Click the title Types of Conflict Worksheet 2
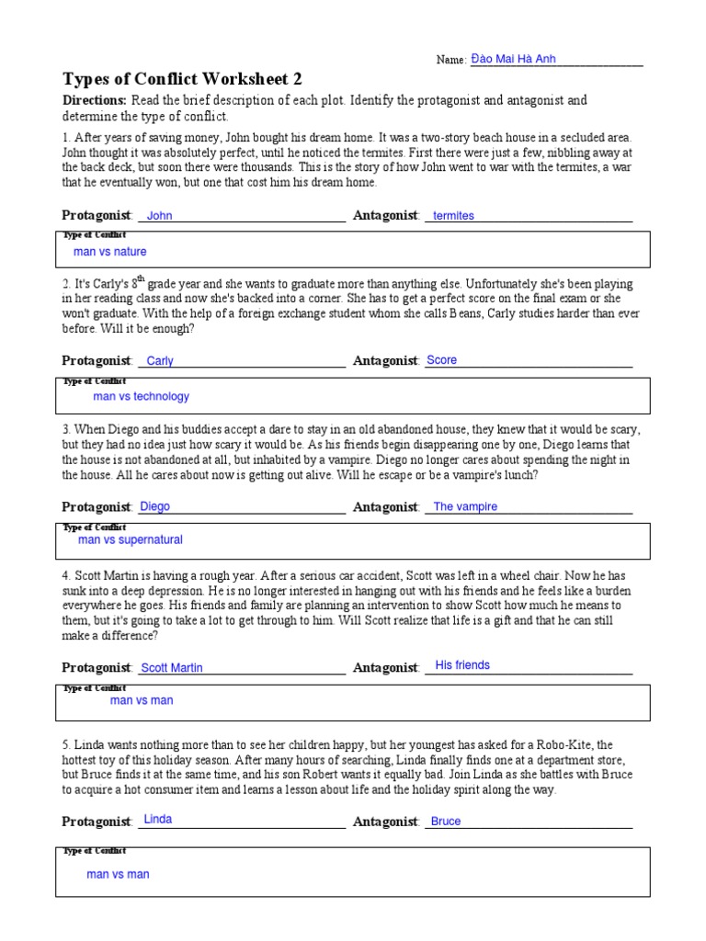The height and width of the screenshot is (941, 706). pos(182,79)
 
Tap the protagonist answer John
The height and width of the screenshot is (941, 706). pos(160,216)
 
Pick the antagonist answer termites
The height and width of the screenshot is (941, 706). pos(453,216)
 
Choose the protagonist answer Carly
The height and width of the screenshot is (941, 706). pos(160,361)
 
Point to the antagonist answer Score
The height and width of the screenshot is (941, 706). pos(441,360)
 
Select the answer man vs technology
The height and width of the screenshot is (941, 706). pos(141,396)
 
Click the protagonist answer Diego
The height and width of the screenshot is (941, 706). pos(154,506)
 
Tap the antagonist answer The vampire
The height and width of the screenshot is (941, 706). pos(465,506)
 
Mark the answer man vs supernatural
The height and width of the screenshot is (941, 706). pos(131,540)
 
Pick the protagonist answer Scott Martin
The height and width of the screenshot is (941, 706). pos(172,668)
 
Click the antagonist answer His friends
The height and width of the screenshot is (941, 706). pos(462,664)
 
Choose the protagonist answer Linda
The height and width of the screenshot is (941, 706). pos(158,819)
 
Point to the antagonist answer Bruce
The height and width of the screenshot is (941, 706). pos(446,822)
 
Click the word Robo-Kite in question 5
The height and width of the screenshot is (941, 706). pos(570,745)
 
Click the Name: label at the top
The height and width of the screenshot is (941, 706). pos(451,61)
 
